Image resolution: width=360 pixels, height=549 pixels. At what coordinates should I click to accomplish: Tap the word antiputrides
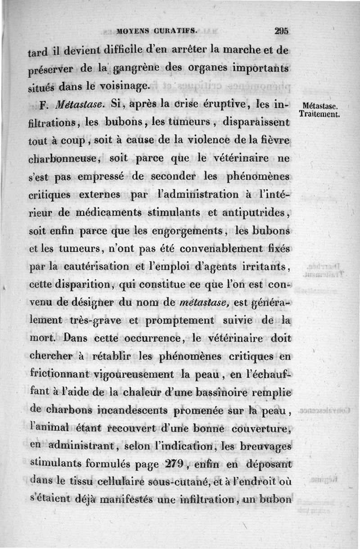(x=255, y=213)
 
